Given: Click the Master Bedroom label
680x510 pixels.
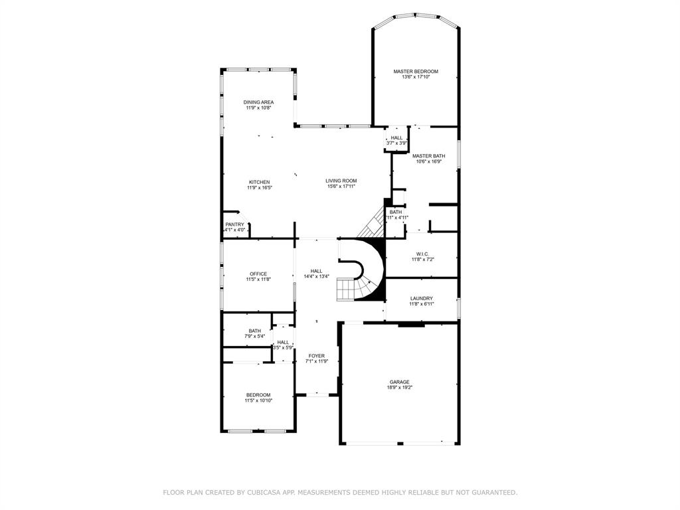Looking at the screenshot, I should click(x=416, y=71).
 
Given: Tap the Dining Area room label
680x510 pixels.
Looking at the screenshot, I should click(x=258, y=102).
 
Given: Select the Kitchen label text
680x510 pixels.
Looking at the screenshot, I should click(x=259, y=182).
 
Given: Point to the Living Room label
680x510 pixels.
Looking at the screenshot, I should click(x=341, y=181).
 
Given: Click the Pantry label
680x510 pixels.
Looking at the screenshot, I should click(x=234, y=224).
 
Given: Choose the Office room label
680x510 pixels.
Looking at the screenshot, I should click(x=258, y=274).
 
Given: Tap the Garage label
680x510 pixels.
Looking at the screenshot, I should click(x=399, y=382).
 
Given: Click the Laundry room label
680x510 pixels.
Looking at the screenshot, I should click(x=421, y=298).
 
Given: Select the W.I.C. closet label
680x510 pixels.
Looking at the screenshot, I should click(x=422, y=254).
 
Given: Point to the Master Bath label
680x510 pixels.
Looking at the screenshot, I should click(x=428, y=156).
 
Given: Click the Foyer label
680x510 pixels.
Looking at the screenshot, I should click(x=317, y=356).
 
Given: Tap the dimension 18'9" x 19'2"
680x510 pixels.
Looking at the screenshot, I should click(x=399, y=388).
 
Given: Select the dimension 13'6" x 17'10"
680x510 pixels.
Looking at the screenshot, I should click(x=416, y=77).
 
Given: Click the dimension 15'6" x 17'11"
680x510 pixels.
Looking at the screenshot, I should click(x=341, y=187).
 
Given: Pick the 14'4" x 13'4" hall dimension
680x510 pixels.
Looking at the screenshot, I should click(x=316, y=276).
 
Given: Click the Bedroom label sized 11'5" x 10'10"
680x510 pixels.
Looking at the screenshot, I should click(x=258, y=394).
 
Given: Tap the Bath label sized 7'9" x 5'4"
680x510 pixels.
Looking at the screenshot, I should click(x=255, y=331).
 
